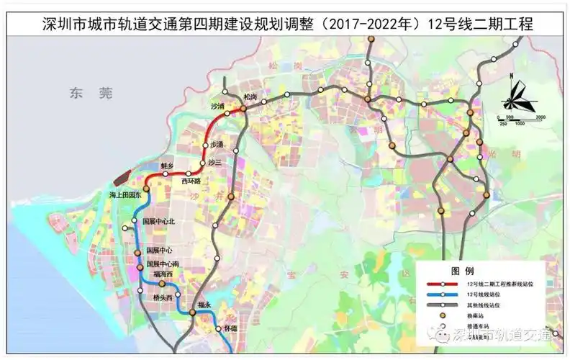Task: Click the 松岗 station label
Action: [250, 96]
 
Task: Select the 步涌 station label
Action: [217, 144]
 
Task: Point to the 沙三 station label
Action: [214, 163]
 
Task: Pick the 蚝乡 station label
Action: [168, 166]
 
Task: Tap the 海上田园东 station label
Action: [127, 195]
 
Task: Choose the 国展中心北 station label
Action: [159, 221]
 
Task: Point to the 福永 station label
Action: [204, 305]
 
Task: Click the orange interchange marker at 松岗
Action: [244, 109]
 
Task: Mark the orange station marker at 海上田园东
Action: [142, 187]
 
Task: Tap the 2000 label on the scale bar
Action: [540, 117]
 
